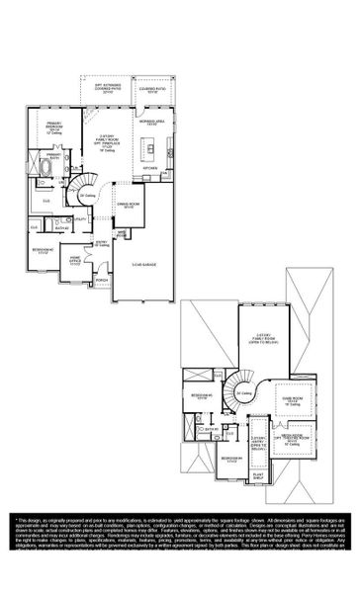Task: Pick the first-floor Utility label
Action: tap(82, 220)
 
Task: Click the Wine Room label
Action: tap(122, 235)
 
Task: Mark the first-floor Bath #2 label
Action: tap(61, 228)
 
